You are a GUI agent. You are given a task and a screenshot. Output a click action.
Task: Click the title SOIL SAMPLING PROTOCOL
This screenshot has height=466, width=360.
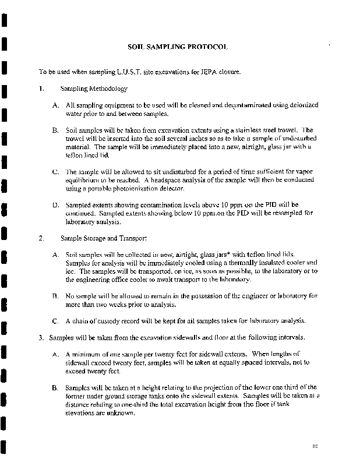pyautogui.click(x=178, y=47)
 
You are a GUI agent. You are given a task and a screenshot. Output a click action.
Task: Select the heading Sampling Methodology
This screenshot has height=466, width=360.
pyautogui.click(x=94, y=89)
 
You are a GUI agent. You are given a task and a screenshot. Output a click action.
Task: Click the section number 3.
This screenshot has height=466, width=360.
pyautogui.click(x=41, y=337)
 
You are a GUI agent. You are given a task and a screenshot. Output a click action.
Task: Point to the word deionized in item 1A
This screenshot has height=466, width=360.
pyautogui.click(x=303, y=105)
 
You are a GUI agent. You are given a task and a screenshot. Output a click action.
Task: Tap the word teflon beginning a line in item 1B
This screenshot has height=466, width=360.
pyautogui.click(x=75, y=156)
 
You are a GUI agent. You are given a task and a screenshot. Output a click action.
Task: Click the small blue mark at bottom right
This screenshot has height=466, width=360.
pyautogui.click(x=315, y=446)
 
